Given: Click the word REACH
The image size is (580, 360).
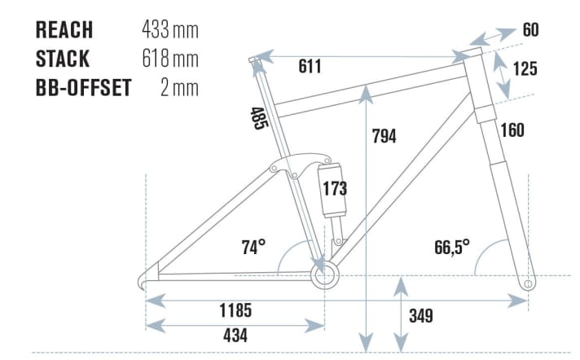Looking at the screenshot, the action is pyautogui.click(x=64, y=30).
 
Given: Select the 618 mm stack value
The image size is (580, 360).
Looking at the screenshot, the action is pyautogui.click(x=170, y=59).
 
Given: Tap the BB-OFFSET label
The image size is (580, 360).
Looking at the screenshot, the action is pyautogui.click(x=84, y=88).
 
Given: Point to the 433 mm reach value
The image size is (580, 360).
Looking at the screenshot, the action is pyautogui.click(x=170, y=30).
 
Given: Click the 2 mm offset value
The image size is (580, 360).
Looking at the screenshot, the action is pyautogui.click(x=180, y=88).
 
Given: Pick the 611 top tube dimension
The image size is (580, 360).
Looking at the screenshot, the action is pyautogui.click(x=310, y=67).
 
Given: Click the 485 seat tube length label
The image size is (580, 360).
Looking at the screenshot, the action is pyautogui.click(x=258, y=118).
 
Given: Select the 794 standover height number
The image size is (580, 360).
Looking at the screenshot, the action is pyautogui.click(x=384, y=136).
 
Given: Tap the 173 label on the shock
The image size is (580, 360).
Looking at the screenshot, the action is pyautogui.click(x=335, y=189).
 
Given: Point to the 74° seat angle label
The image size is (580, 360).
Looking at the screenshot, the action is pyautogui.click(x=253, y=247).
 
